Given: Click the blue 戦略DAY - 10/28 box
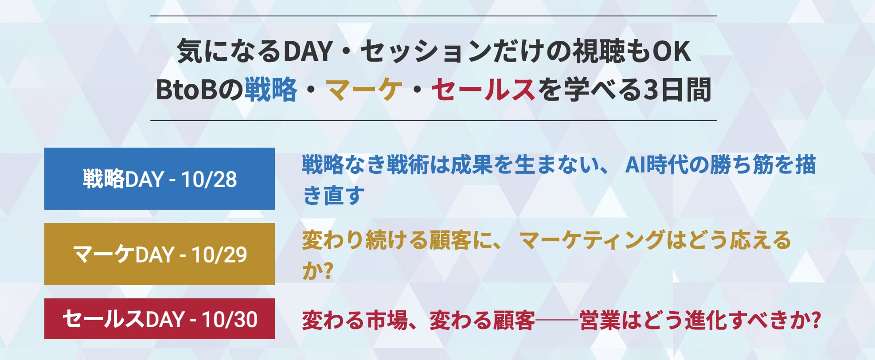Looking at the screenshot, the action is coord(160,179).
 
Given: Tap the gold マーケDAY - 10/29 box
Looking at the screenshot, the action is coord(160,254).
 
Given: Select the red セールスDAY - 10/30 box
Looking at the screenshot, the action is coord(160,319).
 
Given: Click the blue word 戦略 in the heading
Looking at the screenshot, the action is coord(271,90).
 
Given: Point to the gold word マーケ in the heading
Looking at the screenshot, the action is coord(364,90).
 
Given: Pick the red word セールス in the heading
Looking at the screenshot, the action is coord(483,90).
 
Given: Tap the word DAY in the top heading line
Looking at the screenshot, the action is coord(308,51).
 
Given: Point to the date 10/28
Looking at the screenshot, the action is coord(209,179).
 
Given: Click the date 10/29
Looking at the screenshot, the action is coord(219,254).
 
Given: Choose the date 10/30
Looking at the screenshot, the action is coord(230,319).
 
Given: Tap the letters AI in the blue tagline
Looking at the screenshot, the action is coord(635,165).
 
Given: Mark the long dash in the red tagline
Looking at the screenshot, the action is coord(557,320).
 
